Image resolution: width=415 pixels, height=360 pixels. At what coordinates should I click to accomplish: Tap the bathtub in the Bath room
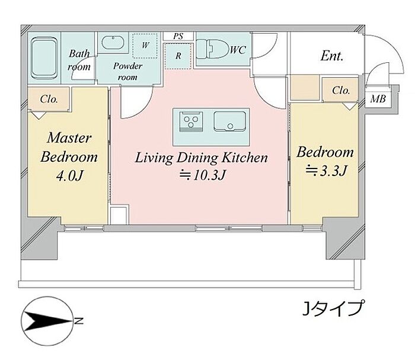(44, 58)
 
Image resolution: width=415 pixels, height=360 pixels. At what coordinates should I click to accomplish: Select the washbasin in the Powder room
(113, 43)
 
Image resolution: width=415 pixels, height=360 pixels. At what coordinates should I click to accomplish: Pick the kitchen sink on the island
(230, 122)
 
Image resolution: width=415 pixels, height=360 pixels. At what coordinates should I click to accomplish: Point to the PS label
(178, 36)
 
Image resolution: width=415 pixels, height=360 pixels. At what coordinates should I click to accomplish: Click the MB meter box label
(378, 99)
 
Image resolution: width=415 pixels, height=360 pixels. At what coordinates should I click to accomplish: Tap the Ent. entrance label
(332, 56)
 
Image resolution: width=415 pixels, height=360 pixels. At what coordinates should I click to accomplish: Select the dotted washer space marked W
(145, 46)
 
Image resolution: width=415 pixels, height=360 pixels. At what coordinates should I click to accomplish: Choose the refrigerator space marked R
(178, 56)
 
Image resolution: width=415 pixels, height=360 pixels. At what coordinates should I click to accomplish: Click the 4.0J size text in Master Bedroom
(70, 176)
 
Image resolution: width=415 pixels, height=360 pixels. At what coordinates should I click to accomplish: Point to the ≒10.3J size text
(202, 175)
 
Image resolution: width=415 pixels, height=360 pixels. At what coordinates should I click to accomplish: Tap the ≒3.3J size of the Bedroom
(326, 171)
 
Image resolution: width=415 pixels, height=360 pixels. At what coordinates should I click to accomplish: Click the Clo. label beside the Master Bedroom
(49, 99)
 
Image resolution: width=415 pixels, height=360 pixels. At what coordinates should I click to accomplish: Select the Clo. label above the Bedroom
(341, 91)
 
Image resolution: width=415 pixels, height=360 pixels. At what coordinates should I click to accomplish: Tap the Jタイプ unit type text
(333, 308)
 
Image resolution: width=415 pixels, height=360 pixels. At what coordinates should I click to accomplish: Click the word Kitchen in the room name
(245, 158)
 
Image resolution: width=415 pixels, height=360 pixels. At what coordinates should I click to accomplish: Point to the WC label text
(238, 50)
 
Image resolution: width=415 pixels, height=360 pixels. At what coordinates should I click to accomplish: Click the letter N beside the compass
(79, 321)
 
